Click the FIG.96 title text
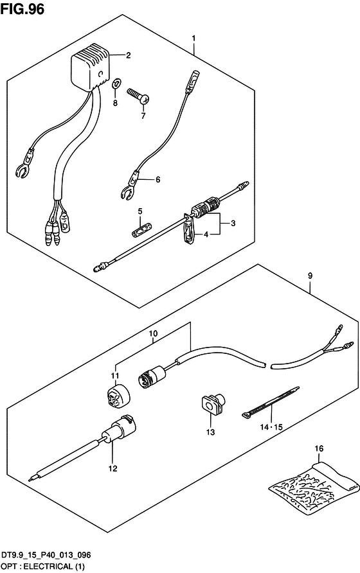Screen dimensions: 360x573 [x=22, y=9]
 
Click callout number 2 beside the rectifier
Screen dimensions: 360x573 [x=128, y=55]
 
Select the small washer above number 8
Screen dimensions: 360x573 [x=116, y=84]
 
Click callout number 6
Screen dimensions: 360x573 [x=157, y=179]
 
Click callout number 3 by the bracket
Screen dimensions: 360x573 [x=233, y=224]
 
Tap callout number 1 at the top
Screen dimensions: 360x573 [x=194, y=39]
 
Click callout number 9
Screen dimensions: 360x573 [x=310, y=276]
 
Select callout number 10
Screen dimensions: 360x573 [x=153, y=333]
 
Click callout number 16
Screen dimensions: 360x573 [x=319, y=448]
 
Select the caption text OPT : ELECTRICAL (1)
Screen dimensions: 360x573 [x=43, y=567]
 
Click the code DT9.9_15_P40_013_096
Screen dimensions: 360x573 [x=46, y=556]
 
